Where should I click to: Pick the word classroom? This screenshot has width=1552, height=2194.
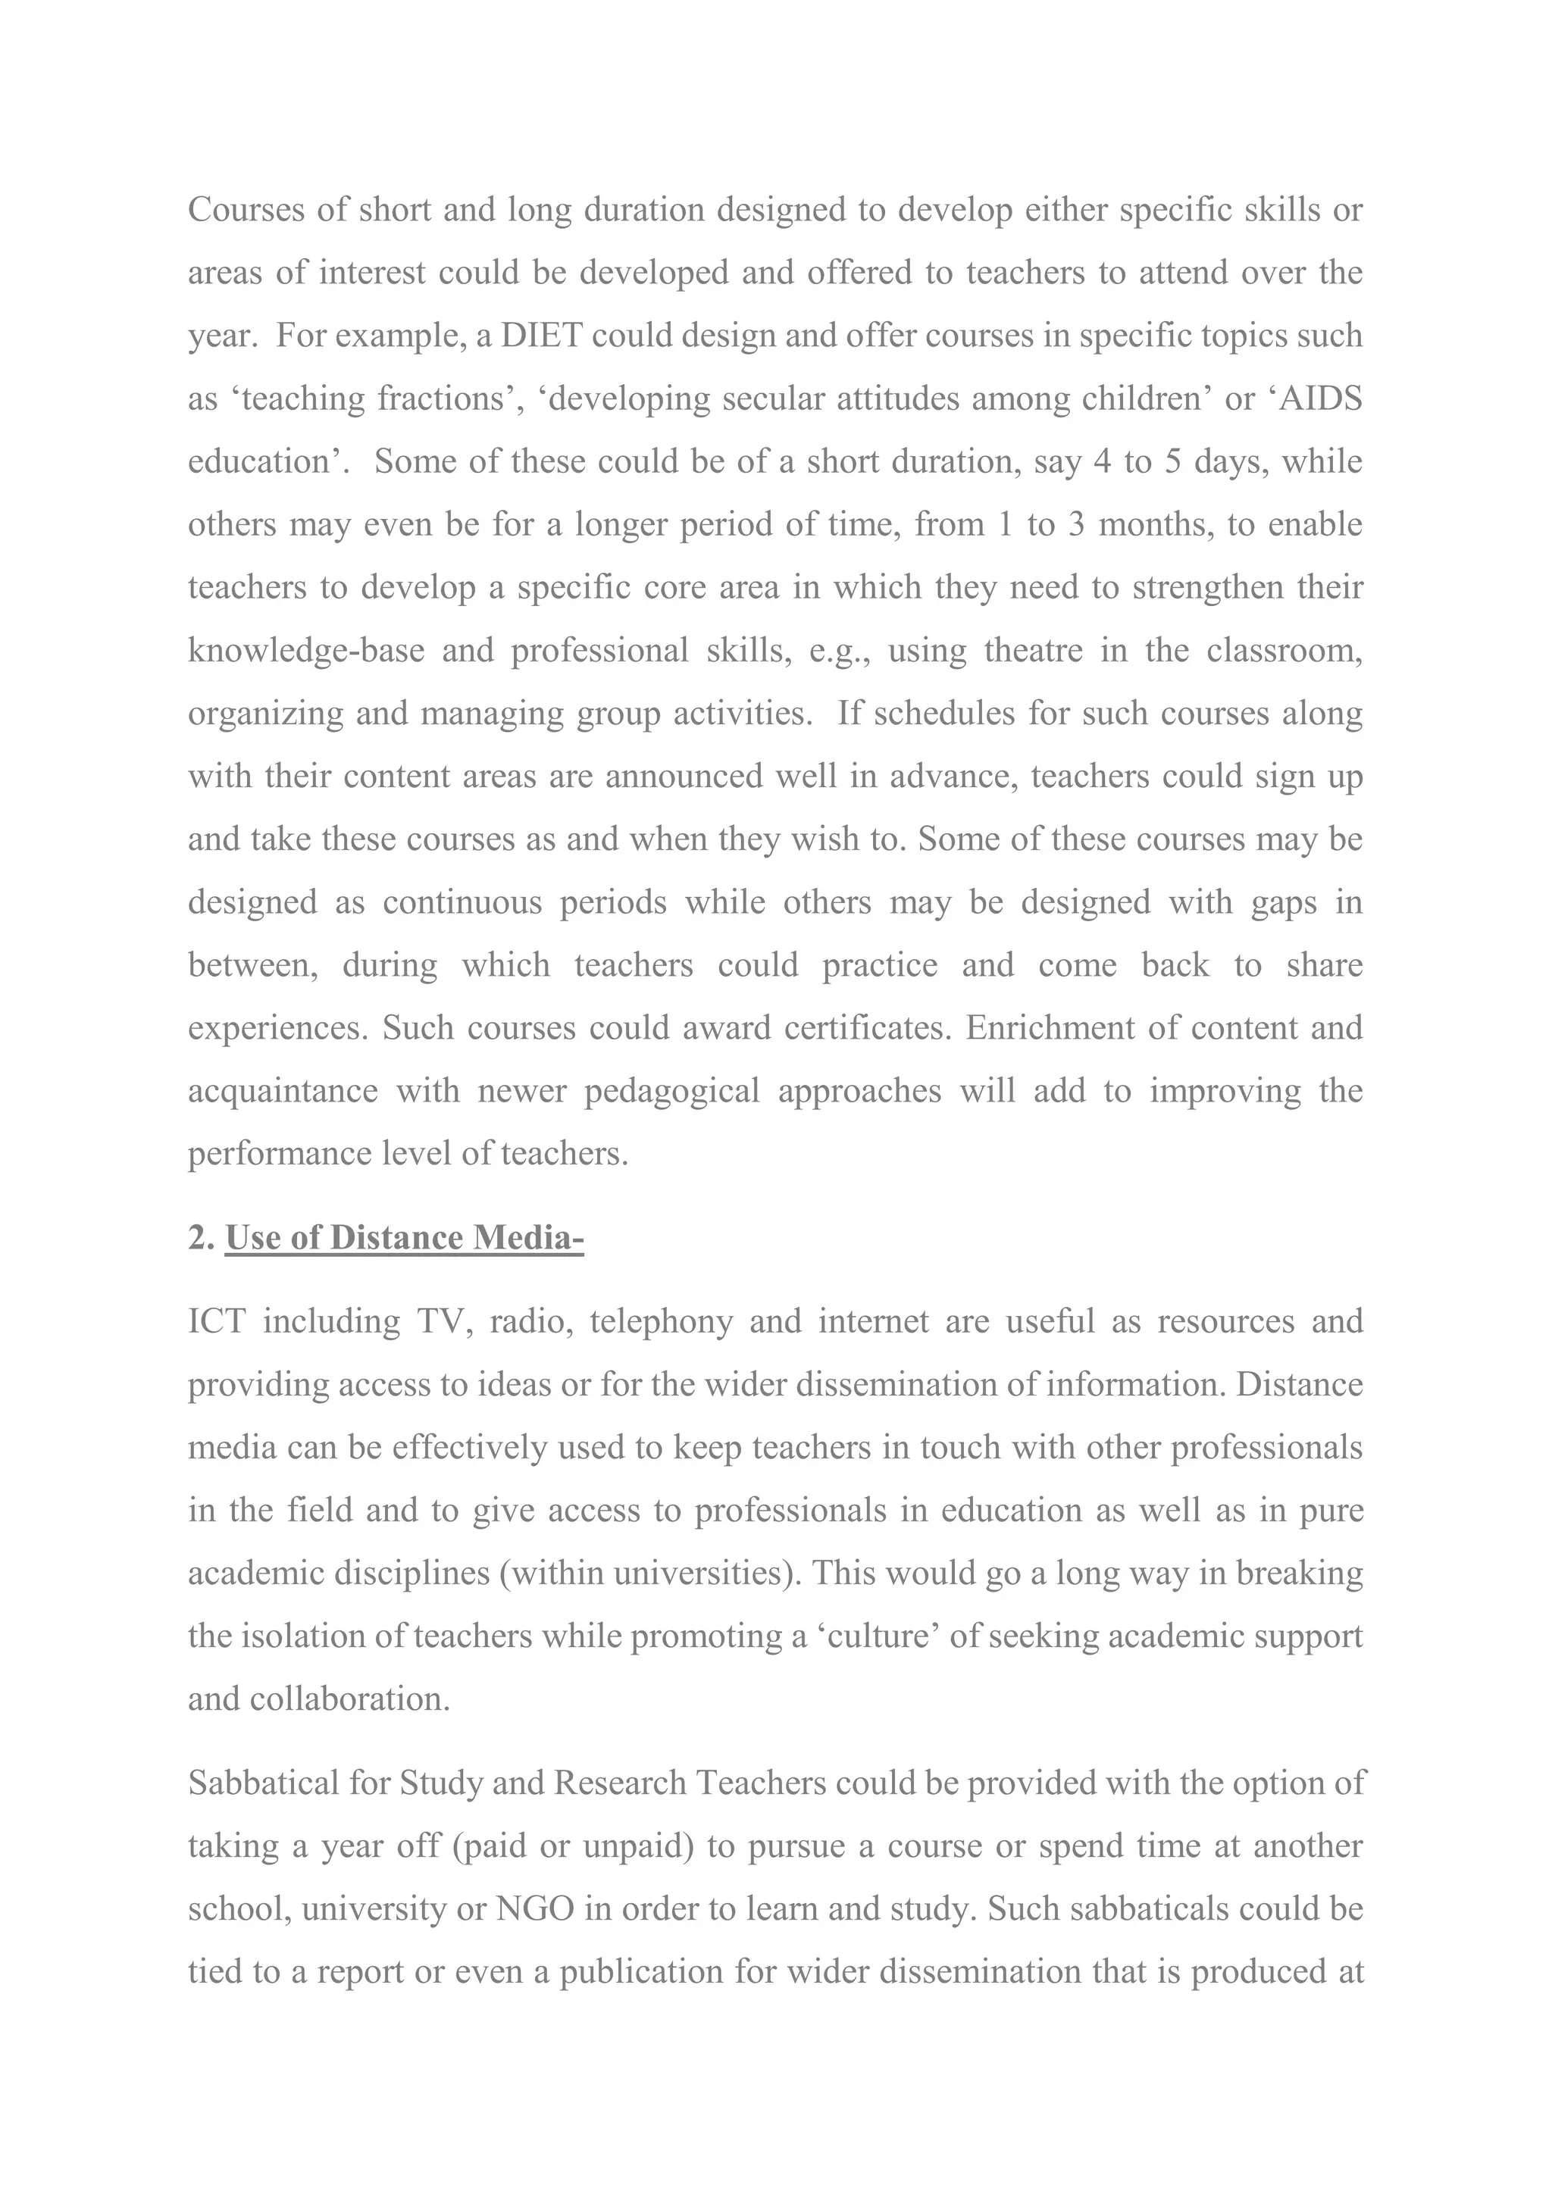click(x=1284, y=651)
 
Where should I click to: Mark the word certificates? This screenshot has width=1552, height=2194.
click(x=866, y=1028)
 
